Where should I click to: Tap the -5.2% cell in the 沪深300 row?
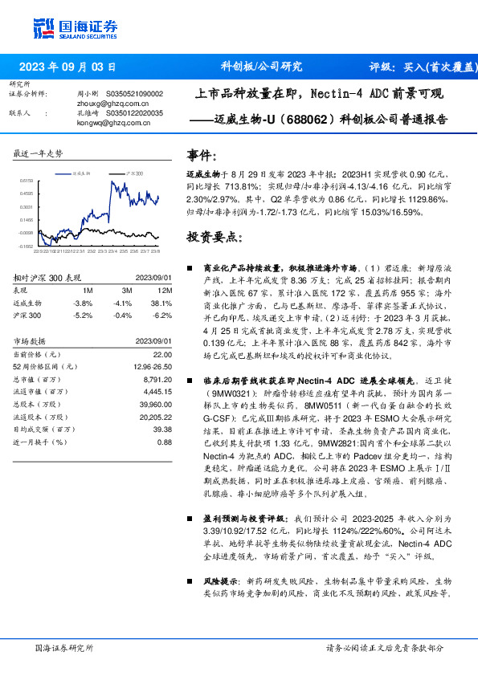click(x=83, y=316)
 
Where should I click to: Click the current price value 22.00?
click(x=163, y=354)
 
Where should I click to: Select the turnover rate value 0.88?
click(x=165, y=442)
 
